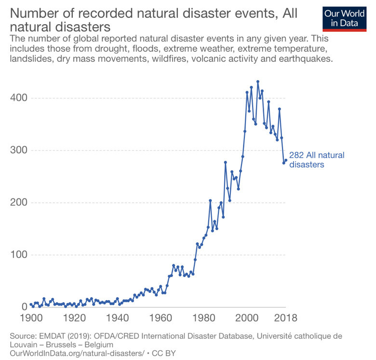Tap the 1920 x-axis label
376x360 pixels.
click(74, 318)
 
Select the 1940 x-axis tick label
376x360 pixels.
click(118, 318)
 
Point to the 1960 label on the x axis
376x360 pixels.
click(161, 318)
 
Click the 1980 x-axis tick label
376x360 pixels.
click(204, 318)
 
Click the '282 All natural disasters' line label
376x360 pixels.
click(317, 160)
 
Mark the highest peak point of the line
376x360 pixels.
click(258, 82)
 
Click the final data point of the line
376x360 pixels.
click(286, 160)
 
